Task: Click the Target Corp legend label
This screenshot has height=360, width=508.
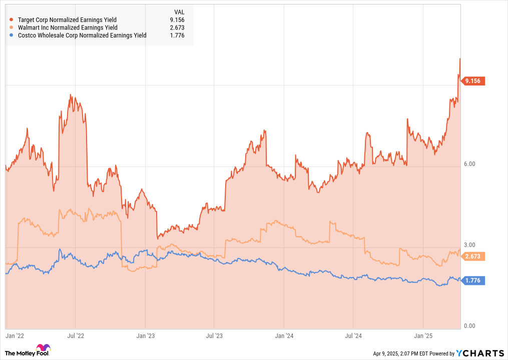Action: point(67,20)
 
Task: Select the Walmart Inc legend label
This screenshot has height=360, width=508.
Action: point(67,27)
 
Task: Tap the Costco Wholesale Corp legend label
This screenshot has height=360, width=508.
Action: point(82,35)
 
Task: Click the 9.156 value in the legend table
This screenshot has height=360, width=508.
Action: point(177,20)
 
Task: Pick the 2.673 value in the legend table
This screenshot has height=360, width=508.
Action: point(177,27)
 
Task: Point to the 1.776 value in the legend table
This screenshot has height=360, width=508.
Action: point(177,35)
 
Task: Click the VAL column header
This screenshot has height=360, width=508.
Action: point(179,11)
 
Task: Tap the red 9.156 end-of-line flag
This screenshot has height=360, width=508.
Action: point(473,81)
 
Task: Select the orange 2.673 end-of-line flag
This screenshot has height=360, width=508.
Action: point(473,256)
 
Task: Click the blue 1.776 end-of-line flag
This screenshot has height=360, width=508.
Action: point(473,280)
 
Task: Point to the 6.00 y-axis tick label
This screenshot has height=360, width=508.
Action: point(469,164)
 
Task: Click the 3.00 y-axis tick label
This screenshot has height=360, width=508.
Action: point(469,244)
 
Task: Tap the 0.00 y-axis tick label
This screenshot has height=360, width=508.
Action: point(469,326)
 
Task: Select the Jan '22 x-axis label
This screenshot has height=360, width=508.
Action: point(15,336)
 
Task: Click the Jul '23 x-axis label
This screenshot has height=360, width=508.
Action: point(214,336)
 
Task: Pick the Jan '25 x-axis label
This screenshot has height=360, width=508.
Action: point(423,336)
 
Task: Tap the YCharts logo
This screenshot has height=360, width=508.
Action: point(480,353)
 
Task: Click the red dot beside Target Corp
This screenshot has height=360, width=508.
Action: point(11,20)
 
